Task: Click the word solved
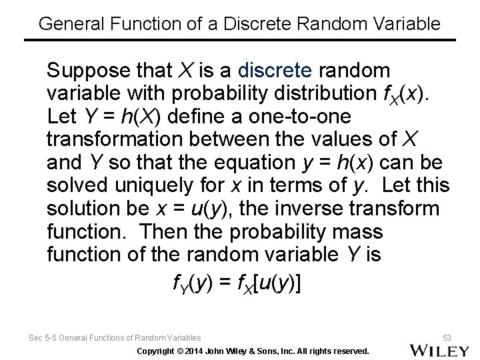[x=75, y=186]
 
